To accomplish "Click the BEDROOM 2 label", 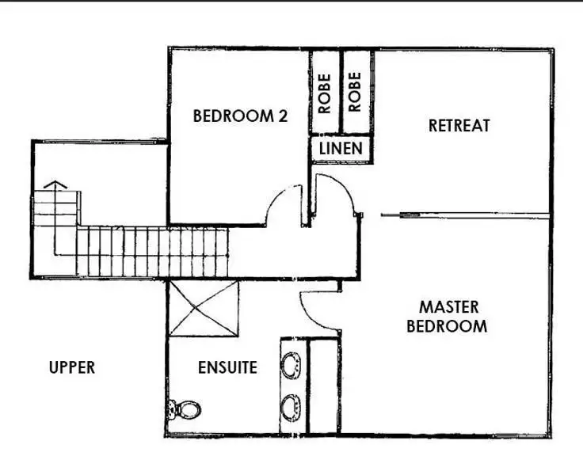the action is pyautogui.click(x=240, y=116).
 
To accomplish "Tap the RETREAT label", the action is pyautogui.click(x=459, y=125).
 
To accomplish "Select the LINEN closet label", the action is pyautogui.click(x=341, y=147).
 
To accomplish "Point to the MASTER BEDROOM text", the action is pyautogui.click(x=448, y=316).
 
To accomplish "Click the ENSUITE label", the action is pyautogui.click(x=227, y=367).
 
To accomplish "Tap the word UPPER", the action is pyautogui.click(x=71, y=367).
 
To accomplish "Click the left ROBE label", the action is pyautogui.click(x=324, y=93).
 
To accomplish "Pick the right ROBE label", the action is pyautogui.click(x=355, y=93).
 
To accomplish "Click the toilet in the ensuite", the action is pyautogui.click(x=185, y=409).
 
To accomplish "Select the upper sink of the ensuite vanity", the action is pyautogui.click(x=291, y=366).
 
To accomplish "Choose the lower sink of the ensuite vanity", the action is pyautogui.click(x=291, y=407).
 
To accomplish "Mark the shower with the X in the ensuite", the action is pyautogui.click(x=203, y=309).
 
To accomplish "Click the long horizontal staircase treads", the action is pyautogui.click(x=158, y=252).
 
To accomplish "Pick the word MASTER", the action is pyautogui.click(x=448, y=307).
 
